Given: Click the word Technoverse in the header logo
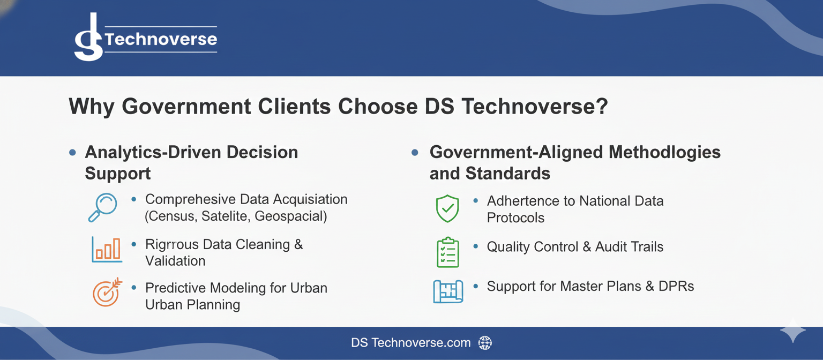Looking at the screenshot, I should [161, 39].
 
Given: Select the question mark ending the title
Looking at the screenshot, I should [601, 107].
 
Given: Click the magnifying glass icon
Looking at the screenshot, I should [102, 207].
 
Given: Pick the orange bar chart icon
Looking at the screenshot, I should [107, 250].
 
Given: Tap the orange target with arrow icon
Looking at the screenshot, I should [107, 292].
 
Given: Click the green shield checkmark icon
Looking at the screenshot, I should [447, 209].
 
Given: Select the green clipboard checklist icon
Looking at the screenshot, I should [447, 252].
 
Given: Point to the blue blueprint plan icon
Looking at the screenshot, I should [447, 291].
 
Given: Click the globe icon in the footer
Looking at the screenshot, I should [484, 343].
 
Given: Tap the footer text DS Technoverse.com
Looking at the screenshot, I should [410, 343].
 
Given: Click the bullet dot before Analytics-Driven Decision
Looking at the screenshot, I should [72, 153].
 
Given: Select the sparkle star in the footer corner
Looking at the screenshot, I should [792, 332].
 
